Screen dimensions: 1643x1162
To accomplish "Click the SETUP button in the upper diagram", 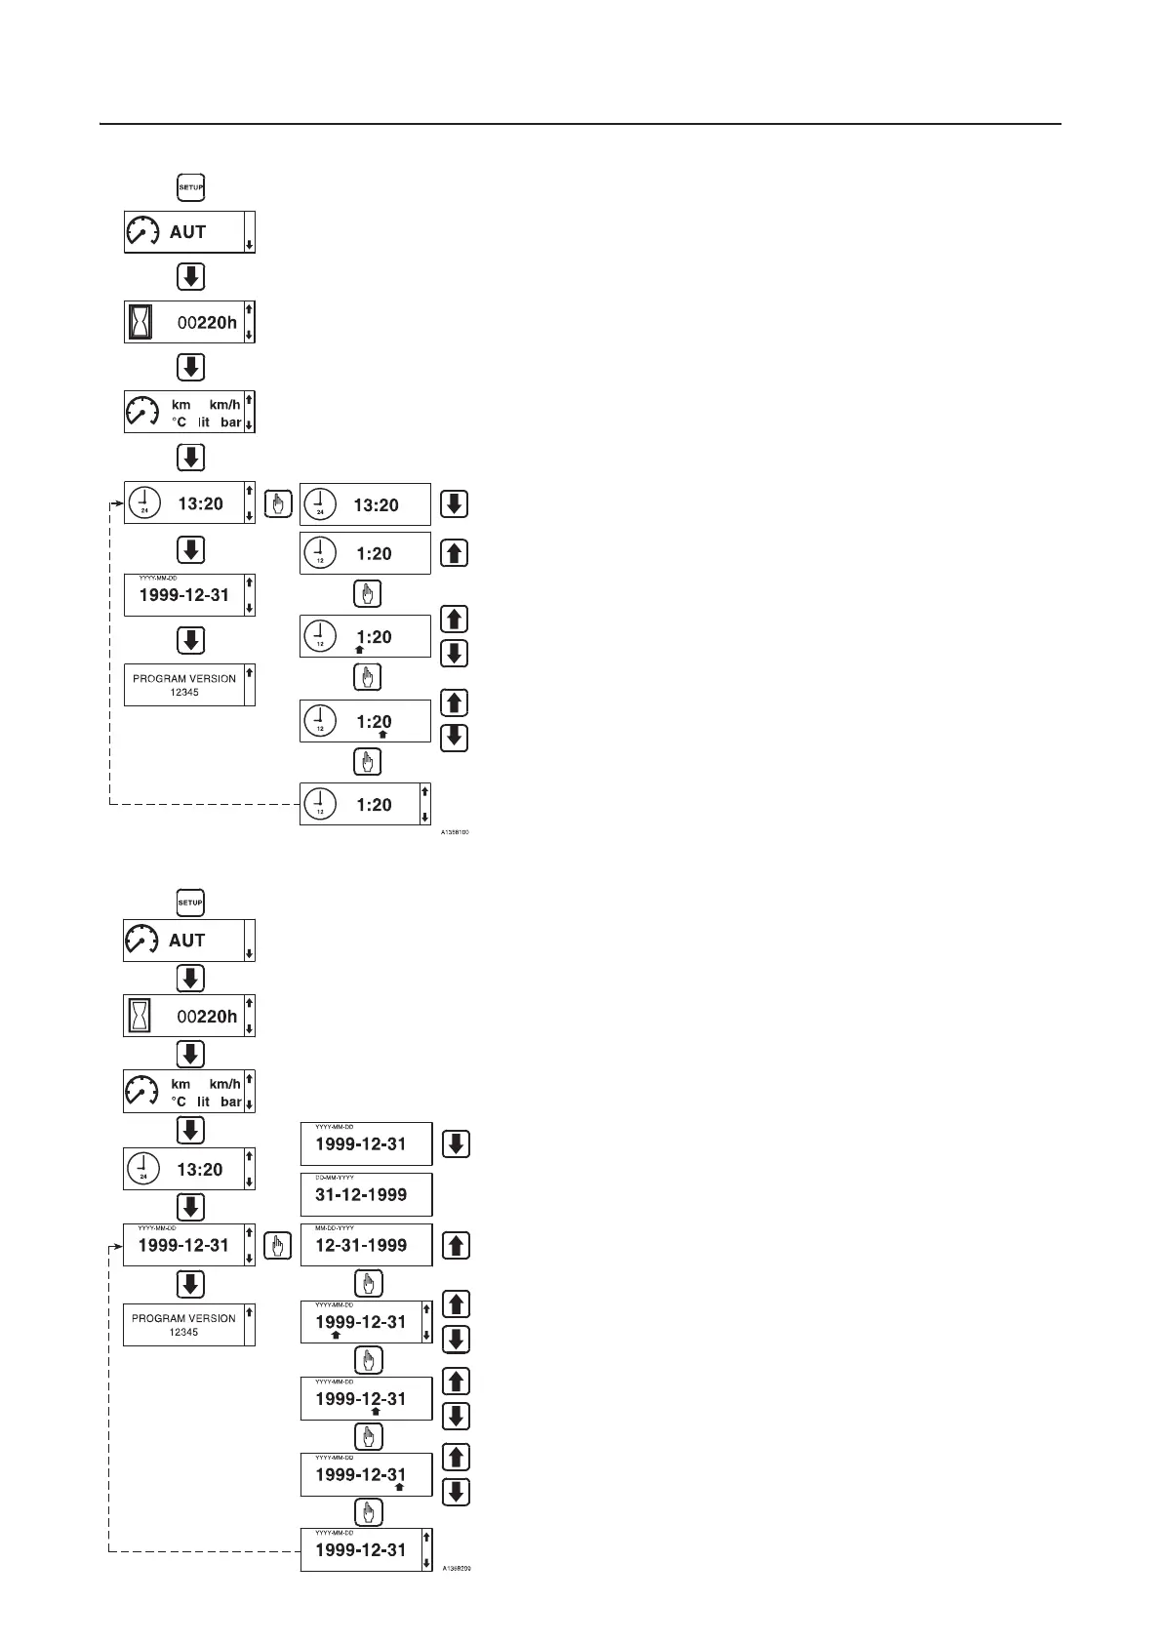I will pos(190,187).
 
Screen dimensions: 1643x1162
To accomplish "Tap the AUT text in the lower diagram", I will pos(186,941).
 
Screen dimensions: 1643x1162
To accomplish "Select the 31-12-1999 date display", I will pos(361,1195).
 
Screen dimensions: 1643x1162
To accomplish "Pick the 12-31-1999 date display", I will pos(361,1246).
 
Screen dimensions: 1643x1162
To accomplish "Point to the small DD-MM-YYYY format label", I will pos(334,1178).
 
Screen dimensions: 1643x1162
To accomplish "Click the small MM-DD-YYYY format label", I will pos(334,1228).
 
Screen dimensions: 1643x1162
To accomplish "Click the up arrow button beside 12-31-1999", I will pos(456,1245).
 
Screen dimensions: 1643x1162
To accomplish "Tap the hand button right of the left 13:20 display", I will pos(278,503).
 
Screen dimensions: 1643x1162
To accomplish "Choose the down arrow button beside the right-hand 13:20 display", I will pos(454,503).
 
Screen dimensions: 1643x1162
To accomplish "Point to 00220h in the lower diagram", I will pos(207,1017).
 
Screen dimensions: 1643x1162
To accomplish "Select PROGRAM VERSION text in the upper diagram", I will pos(184,678).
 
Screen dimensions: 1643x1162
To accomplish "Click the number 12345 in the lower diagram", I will pos(183,1332).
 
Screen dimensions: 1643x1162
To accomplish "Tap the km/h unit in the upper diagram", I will pos(224,405).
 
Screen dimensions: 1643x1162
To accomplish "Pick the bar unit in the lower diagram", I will pos(230,1102).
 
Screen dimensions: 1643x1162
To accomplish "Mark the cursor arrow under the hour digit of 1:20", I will pos(359,650).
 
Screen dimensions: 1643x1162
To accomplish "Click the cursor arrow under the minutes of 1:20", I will pos(382,735).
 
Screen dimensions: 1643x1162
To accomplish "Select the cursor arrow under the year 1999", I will pos(336,1336).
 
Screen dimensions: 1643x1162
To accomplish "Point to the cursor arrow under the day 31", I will pos(399,1488).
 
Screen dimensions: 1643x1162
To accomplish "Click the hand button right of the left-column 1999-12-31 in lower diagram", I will pos(278,1246).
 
